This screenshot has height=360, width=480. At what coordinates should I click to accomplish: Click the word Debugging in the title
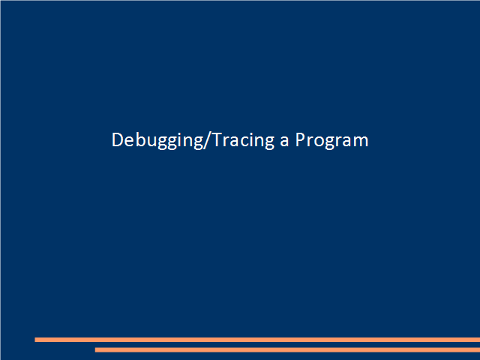157,140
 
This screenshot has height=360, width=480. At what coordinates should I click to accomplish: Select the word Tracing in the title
243,140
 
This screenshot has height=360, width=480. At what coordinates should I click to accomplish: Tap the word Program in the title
331,140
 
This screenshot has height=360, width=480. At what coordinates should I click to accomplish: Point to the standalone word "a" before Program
284,142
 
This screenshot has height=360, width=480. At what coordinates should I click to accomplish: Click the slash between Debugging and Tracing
207,140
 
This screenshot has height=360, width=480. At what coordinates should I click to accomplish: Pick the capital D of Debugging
117,139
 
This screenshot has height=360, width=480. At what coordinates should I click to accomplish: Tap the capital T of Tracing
217,139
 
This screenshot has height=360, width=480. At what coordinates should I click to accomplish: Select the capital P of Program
300,139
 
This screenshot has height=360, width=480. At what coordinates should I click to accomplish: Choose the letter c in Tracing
244,142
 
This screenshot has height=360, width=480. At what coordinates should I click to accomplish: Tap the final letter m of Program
361,142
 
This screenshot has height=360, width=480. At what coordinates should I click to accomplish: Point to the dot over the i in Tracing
251,133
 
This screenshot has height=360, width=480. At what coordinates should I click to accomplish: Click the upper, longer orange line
257,340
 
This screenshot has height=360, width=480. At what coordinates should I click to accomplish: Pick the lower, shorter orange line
287,349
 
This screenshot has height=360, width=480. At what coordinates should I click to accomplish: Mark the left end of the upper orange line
35,340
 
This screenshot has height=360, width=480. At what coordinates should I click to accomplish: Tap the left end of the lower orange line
95,349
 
